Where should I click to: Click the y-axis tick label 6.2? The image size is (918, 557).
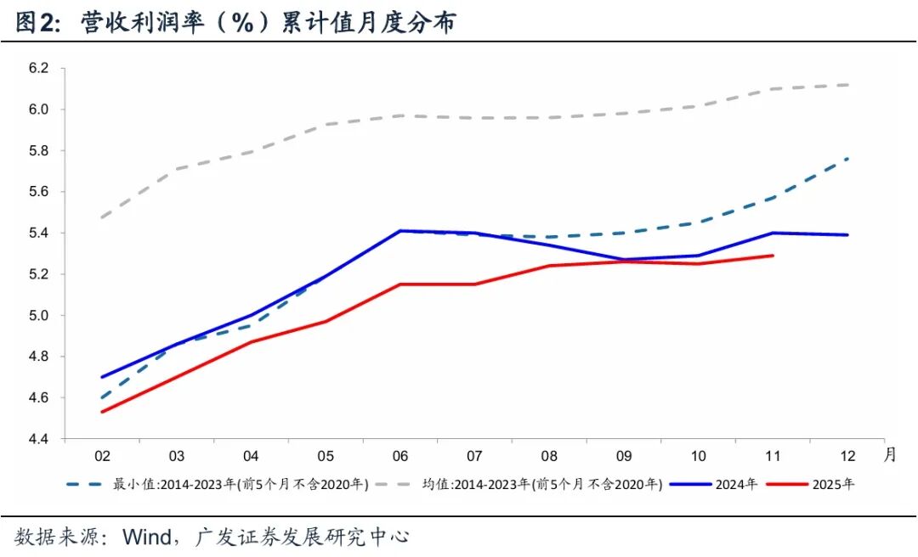[41, 68]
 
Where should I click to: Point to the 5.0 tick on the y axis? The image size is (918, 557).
[41, 316]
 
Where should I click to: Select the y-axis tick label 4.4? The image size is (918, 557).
[41, 439]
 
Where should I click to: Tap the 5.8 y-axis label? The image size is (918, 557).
[41, 150]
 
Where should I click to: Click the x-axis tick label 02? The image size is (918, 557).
[102, 456]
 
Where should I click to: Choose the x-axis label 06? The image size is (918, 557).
[400, 456]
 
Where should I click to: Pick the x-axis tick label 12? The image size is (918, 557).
[847, 456]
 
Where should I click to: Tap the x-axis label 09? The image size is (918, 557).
[624, 456]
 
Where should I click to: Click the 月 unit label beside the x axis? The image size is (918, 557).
[889, 454]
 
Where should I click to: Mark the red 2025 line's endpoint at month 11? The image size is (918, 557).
[773, 255]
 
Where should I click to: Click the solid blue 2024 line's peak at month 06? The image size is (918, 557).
[400, 230]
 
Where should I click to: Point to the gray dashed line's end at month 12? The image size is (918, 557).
[847, 85]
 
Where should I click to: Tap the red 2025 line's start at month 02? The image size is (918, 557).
[102, 412]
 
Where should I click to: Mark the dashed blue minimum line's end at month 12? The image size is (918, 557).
[847, 159]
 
